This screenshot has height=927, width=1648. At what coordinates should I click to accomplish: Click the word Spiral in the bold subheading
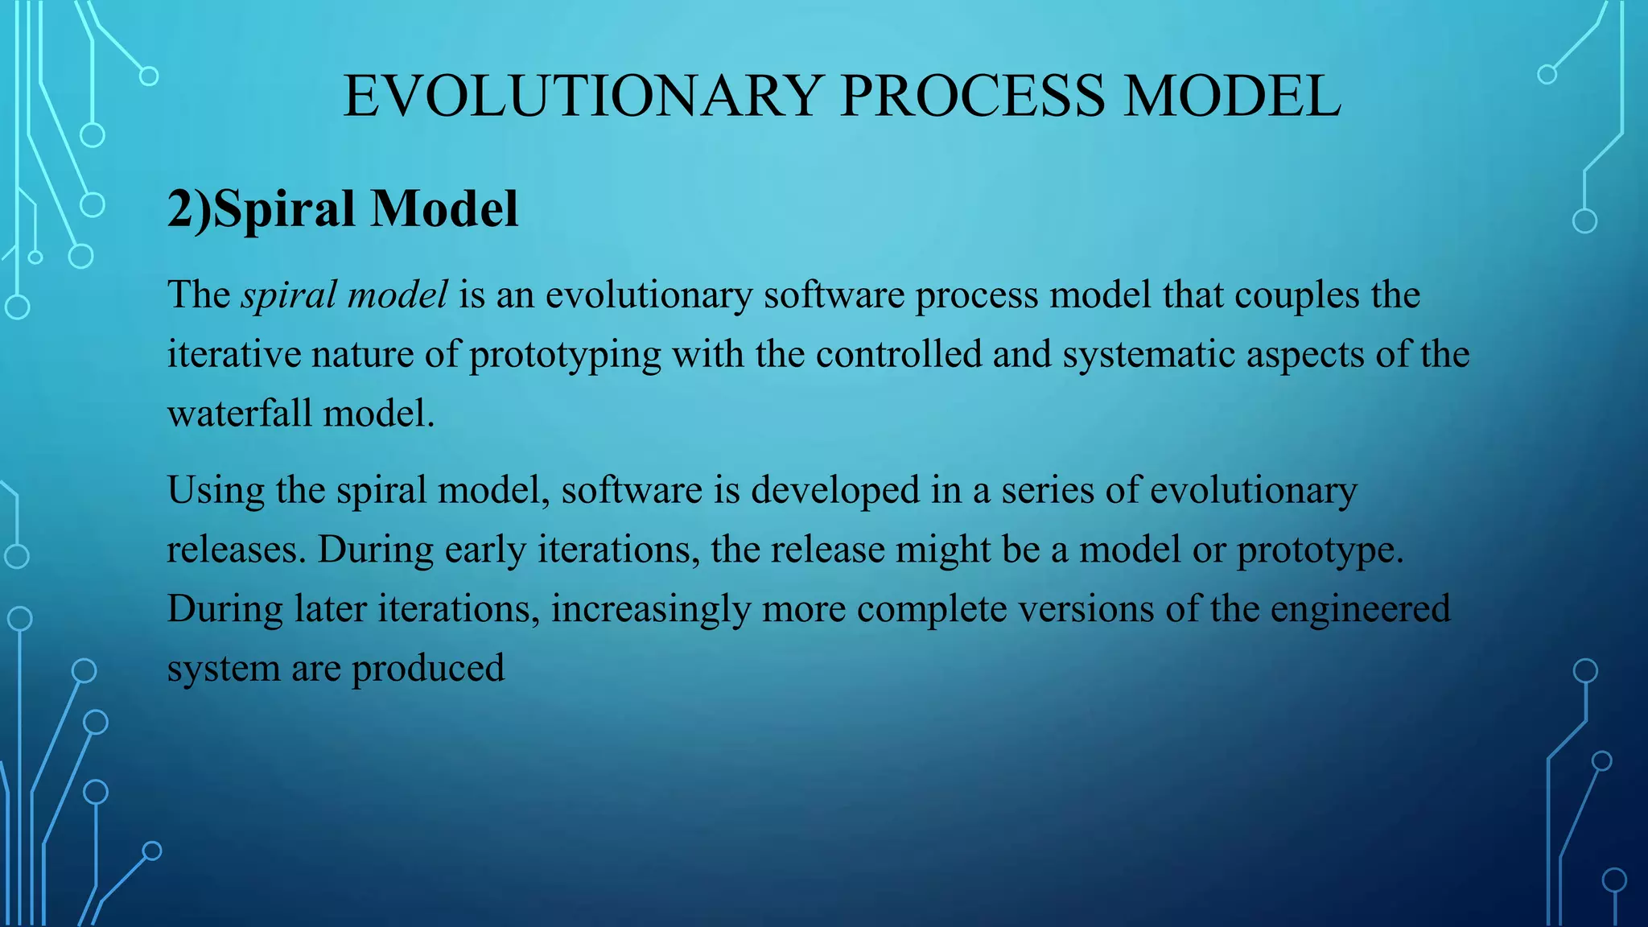[284, 209]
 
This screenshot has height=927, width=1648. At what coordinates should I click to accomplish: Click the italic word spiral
[289, 295]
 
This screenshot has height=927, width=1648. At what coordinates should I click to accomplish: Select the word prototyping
[565, 355]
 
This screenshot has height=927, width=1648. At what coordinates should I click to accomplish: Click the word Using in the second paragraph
[216, 490]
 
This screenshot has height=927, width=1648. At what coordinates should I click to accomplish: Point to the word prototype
[1320, 550]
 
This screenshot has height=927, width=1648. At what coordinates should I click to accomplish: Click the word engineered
[1360, 609]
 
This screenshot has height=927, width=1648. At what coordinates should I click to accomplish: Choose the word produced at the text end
[428, 669]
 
